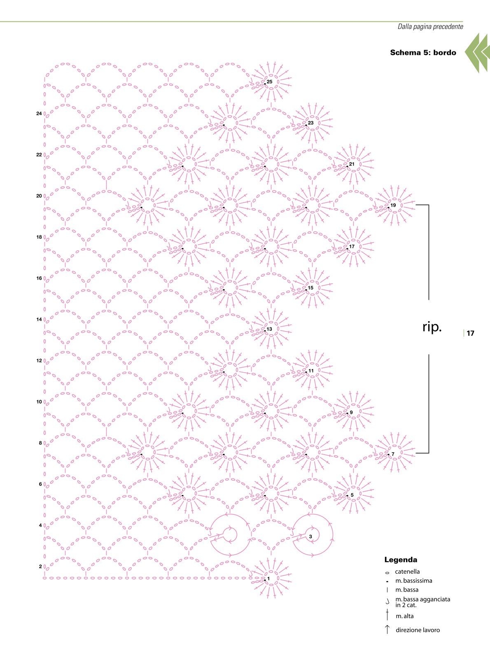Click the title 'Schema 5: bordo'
coord(423,53)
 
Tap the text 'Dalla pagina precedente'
coord(430,27)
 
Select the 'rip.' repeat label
coord(432,327)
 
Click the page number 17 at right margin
coord(470,333)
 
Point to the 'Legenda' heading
coord(401,560)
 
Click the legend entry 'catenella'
coord(407,572)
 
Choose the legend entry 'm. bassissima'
coord(414,581)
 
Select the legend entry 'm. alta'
coord(404,616)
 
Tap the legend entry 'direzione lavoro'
coord(418,630)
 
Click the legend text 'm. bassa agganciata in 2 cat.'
coord(422,602)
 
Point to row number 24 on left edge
coord(39,113)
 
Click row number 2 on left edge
coord(40,567)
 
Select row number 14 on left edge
coord(39,320)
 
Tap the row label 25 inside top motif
coord(269,82)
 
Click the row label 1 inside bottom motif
coord(268,579)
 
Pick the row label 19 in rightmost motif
coord(393,205)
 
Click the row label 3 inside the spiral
coord(310,537)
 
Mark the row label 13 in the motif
coord(269,329)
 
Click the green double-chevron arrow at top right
coord(477,53)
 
